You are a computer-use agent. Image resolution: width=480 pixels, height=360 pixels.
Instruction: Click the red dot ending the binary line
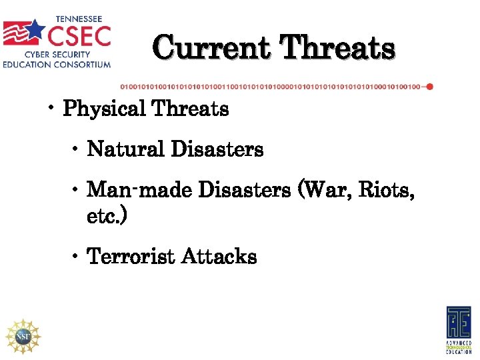coord(430,87)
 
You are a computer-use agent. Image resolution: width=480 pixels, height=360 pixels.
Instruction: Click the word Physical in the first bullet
coord(102,109)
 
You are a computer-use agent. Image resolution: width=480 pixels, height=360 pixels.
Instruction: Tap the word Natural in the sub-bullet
coord(126,149)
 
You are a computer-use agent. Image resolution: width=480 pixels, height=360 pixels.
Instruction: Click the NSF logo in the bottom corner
coord(23,336)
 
